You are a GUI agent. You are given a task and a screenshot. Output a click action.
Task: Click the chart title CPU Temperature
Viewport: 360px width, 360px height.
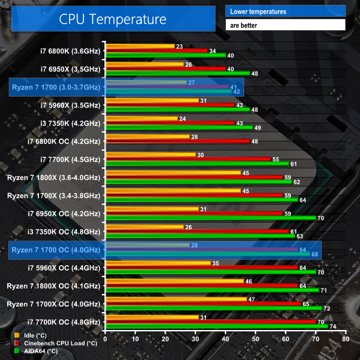tap(112, 19)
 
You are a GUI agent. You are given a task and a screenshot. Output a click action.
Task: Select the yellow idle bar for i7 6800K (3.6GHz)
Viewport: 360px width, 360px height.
tap(139, 46)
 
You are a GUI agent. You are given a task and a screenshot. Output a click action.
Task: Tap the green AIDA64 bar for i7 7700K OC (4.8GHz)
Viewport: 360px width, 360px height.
tap(216, 327)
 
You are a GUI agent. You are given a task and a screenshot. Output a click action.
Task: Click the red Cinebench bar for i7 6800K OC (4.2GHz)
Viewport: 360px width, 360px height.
tap(177, 142)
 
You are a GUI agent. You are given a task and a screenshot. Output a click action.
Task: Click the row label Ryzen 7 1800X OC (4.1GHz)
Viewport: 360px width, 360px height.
tap(54, 286)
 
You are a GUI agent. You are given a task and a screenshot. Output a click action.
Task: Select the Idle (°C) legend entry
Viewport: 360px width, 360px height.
tap(35, 335)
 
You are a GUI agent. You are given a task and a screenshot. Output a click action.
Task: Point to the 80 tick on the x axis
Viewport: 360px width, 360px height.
tap(345, 340)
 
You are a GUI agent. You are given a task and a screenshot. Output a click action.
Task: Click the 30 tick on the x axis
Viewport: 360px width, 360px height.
tap(195, 340)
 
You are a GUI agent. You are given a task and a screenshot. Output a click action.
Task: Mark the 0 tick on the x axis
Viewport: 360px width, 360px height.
tap(106, 340)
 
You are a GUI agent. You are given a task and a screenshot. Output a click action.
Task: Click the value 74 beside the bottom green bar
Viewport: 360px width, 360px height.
tap(332, 327)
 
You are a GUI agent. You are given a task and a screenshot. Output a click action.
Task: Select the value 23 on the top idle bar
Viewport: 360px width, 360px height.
tap(179, 46)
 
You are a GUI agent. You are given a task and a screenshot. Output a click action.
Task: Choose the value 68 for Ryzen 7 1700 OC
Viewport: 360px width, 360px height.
tap(314, 254)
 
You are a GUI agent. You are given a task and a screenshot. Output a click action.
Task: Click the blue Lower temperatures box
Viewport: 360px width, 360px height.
tap(286, 11)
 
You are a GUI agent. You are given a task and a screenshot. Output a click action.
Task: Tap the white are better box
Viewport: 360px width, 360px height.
tap(286, 25)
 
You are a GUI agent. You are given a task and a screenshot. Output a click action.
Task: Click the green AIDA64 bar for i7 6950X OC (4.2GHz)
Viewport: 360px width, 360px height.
tap(210, 218)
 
